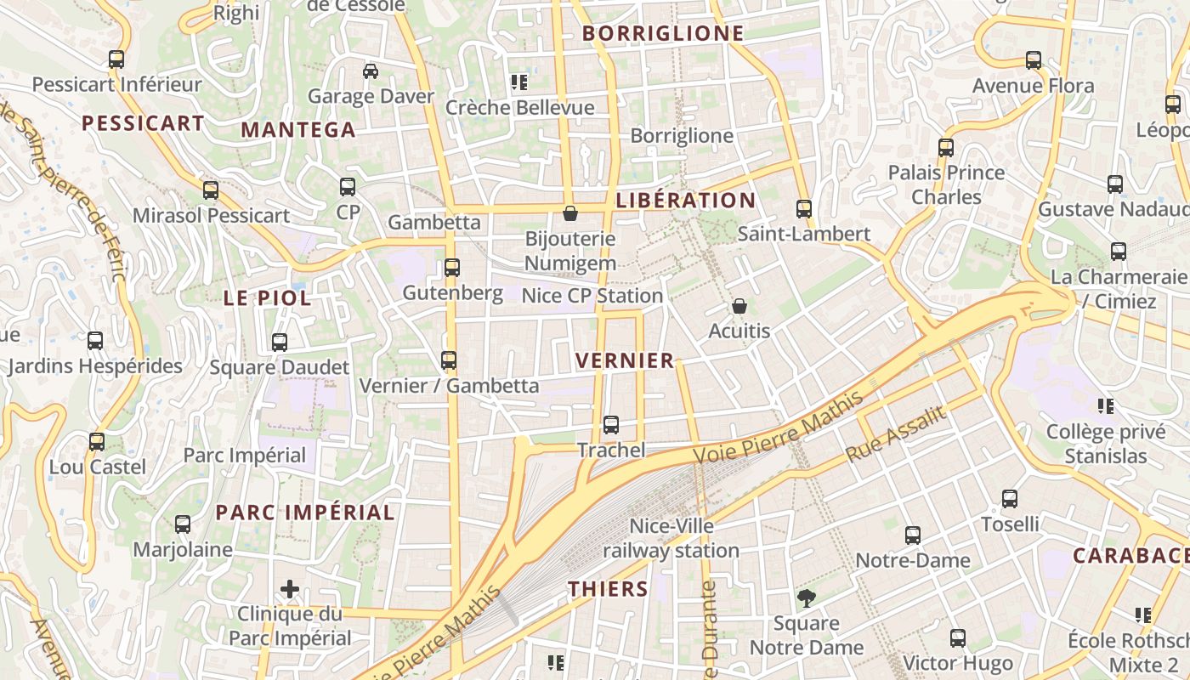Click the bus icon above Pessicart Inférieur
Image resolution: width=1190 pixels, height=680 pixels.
click(116, 59)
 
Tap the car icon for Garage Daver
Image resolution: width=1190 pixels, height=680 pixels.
click(371, 71)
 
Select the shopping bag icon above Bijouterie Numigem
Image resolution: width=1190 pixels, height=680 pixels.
click(570, 213)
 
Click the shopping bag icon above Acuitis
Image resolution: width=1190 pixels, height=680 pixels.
click(739, 306)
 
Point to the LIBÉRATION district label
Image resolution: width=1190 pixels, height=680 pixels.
click(685, 201)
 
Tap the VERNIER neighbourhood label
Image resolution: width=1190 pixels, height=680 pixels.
click(625, 360)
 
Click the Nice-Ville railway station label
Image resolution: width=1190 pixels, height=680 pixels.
click(671, 539)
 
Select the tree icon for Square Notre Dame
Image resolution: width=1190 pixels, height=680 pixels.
click(806, 598)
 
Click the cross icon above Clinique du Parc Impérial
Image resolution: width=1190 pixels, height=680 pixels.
click(290, 588)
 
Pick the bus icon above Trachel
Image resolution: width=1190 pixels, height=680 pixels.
click(611, 425)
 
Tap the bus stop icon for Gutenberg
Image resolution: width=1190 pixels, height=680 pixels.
click(452, 268)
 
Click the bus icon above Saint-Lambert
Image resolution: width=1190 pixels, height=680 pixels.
click(804, 208)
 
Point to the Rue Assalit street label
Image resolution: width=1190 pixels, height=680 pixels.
click(896, 435)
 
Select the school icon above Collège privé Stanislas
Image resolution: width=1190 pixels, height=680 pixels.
click(1106, 406)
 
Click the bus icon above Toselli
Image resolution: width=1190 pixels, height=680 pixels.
click(1010, 499)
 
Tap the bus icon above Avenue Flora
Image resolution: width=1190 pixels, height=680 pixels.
click(1034, 60)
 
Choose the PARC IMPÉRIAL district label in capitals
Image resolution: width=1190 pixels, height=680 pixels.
click(305, 513)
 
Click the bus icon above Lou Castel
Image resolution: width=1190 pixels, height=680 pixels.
click(97, 442)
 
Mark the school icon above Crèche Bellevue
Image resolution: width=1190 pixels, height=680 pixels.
click(519, 82)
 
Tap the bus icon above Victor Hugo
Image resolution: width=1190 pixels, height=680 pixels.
click(958, 638)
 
